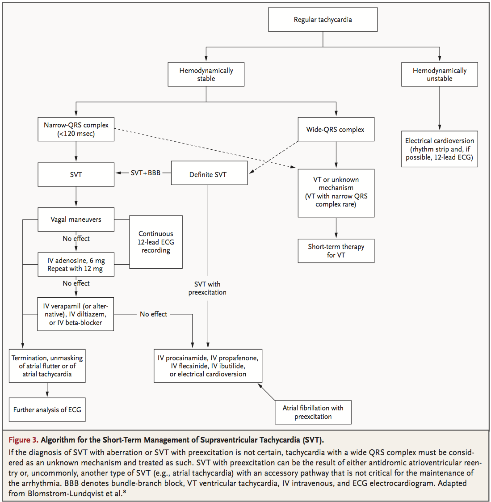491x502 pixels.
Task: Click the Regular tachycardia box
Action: coord(323,20)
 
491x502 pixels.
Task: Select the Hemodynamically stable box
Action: coord(206,74)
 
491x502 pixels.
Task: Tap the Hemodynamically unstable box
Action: coord(439,74)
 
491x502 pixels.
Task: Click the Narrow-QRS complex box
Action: coord(76,129)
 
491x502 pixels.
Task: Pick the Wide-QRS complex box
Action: coord(336,129)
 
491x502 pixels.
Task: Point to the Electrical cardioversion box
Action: coord(439,149)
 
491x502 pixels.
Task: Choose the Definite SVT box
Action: coord(208,174)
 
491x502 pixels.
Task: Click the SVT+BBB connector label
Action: coord(145,173)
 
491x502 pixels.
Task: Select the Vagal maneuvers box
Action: coord(76,219)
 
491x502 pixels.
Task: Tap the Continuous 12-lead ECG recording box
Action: coord(156,242)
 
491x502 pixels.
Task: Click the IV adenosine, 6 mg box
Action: coord(76,265)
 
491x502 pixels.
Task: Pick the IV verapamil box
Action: coord(76,314)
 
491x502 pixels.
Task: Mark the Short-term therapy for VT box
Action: coord(336,251)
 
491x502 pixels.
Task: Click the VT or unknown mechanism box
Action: coord(336,192)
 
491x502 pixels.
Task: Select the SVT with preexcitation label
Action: coord(207,288)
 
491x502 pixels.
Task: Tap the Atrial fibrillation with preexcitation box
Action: coord(313,412)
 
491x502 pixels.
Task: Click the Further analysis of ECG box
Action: coord(47,409)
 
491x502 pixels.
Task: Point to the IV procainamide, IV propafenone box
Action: coord(208,366)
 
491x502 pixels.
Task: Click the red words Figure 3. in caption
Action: coord(23,440)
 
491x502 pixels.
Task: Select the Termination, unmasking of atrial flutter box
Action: coord(47,366)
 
